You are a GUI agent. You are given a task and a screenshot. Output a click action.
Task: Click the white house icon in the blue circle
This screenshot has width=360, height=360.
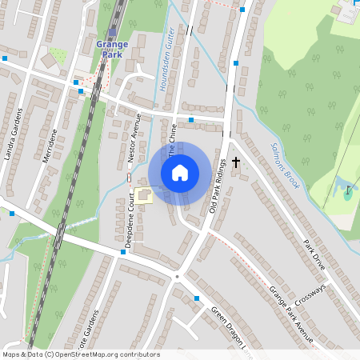click(x=180, y=173)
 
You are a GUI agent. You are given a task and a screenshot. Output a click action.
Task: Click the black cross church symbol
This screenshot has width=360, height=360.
click(x=235, y=162)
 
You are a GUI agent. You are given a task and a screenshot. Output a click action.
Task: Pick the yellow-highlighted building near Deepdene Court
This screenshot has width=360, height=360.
click(x=144, y=194)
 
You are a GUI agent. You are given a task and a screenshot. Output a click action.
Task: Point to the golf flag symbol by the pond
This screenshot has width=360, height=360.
click(x=347, y=192)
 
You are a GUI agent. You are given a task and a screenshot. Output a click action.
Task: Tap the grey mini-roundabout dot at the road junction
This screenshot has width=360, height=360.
click(x=176, y=277)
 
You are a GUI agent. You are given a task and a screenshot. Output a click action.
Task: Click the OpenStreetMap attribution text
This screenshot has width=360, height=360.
click(x=81, y=354)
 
